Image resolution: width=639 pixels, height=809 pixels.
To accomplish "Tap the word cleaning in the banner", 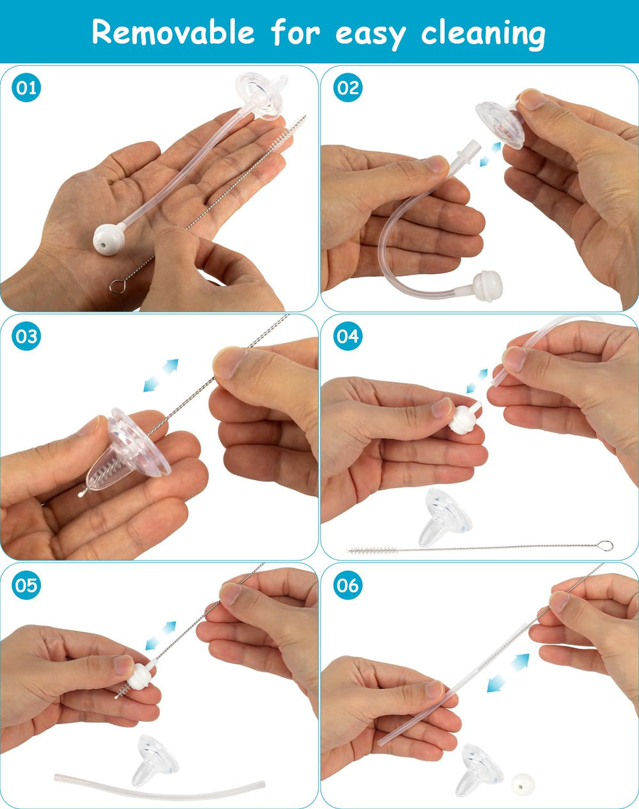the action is click(483, 34).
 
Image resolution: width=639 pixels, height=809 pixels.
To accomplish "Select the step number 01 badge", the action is click(26, 87).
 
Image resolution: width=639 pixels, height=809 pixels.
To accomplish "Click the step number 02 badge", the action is click(348, 87).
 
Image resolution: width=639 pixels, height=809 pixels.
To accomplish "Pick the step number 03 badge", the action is click(26, 336).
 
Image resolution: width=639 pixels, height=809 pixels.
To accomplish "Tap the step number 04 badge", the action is click(348, 336).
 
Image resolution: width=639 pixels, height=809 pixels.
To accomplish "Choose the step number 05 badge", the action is click(26, 585).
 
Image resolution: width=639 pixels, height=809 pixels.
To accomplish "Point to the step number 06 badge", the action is click(348, 585).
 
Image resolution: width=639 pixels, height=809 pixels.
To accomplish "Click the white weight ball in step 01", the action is click(107, 239).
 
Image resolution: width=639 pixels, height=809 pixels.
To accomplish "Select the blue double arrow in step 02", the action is click(491, 155).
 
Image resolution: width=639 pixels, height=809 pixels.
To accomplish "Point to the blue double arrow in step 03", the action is click(160, 375).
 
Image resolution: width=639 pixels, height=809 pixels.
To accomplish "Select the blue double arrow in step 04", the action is click(477, 381).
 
